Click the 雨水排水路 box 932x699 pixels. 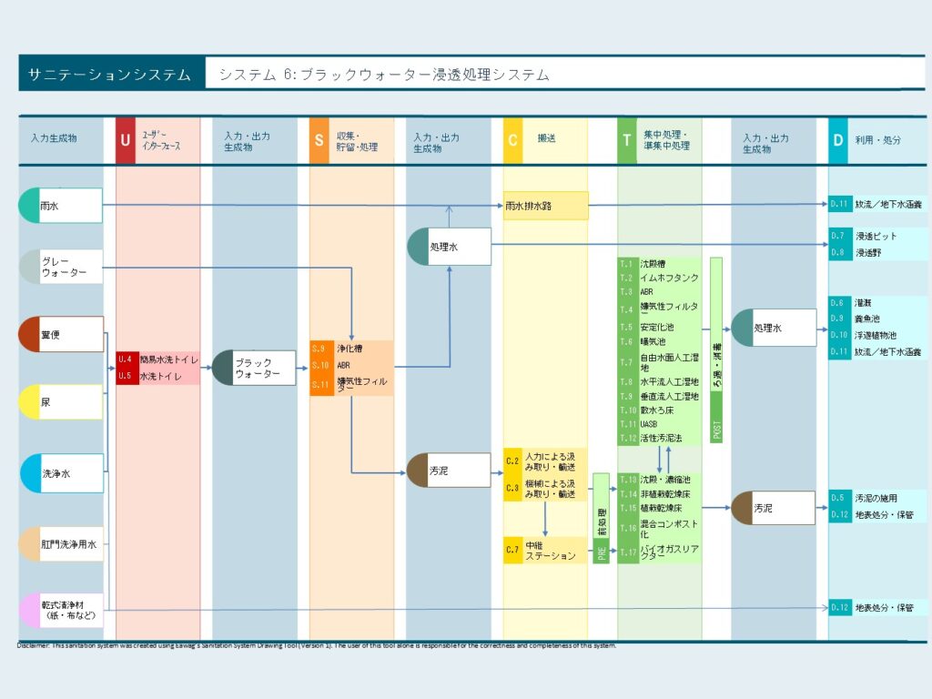(x=546, y=206)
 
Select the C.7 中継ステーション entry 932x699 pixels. (x=546, y=550)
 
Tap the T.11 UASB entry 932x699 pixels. (x=660, y=424)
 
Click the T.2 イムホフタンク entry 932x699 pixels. (x=660, y=278)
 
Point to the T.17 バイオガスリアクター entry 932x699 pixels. (x=660, y=552)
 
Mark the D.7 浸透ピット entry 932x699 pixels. (x=877, y=237)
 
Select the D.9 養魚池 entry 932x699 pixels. (x=877, y=319)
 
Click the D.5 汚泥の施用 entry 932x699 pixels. (x=877, y=499)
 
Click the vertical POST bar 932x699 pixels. (x=716, y=349)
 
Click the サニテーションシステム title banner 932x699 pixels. (x=109, y=75)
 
